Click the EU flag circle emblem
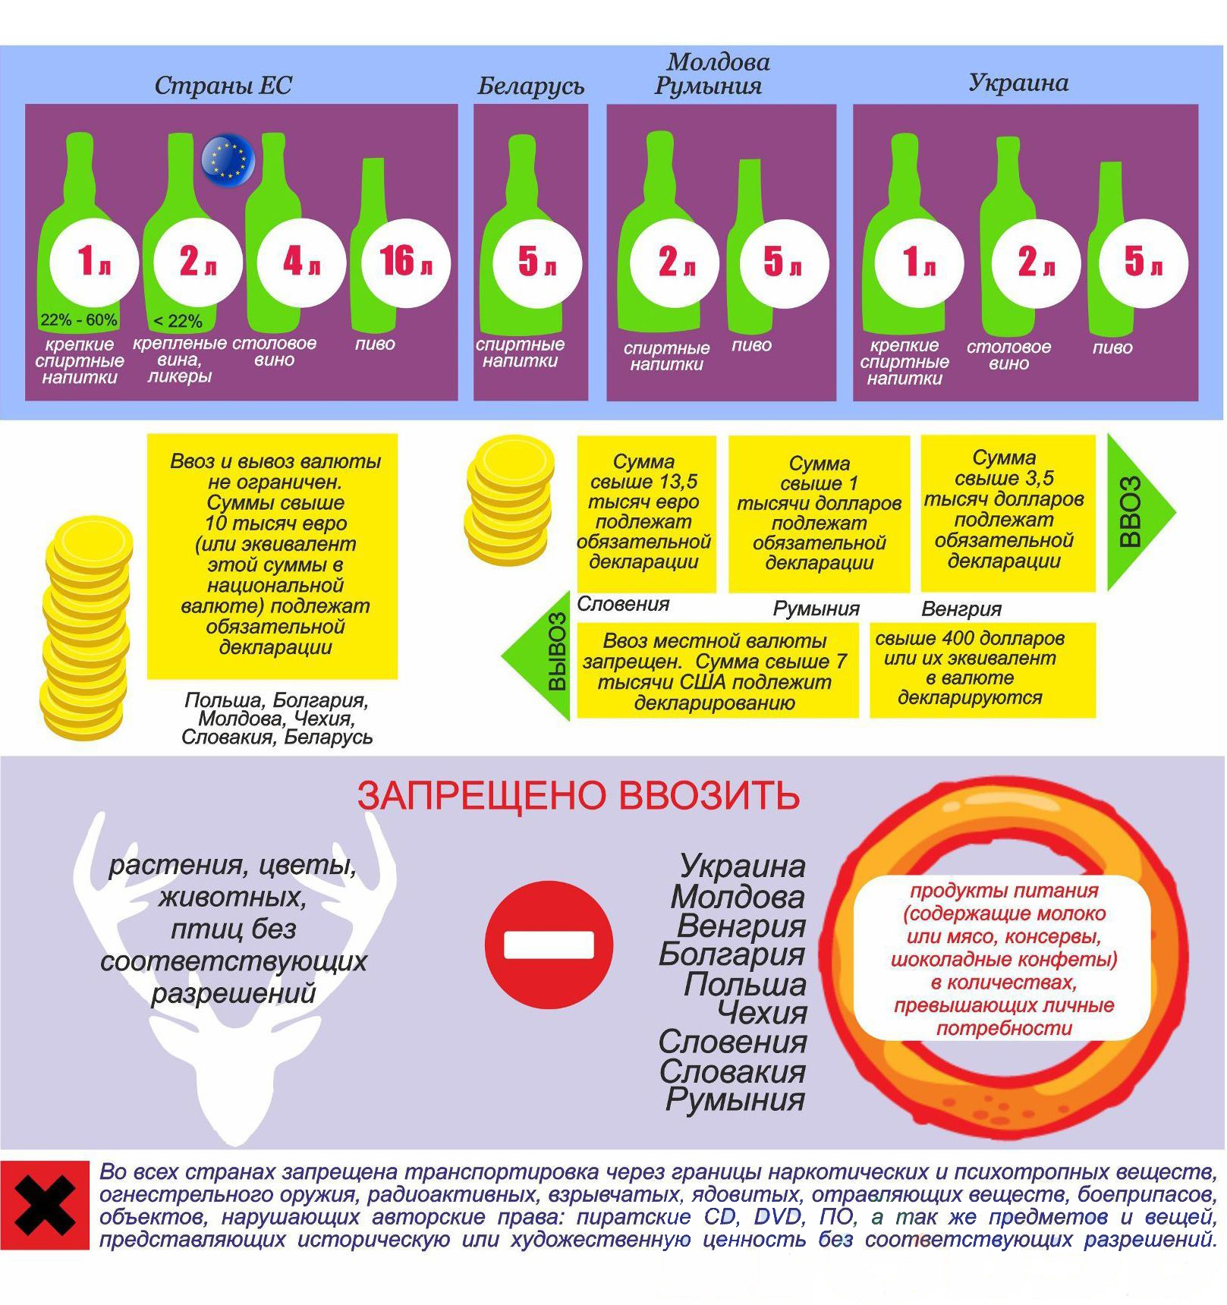[228, 159]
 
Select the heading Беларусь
[530, 86]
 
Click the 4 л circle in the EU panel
[302, 263]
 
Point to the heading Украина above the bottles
[1018, 83]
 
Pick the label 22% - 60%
[79, 320]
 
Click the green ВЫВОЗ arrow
[536, 655]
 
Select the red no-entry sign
[549, 945]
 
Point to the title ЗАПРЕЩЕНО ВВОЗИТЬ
[578, 796]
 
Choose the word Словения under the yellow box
[623, 604]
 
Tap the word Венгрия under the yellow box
[961, 609]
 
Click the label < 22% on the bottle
[178, 322]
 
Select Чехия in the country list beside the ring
[762, 1013]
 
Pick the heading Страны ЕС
[223, 86]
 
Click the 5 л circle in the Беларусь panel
[537, 263]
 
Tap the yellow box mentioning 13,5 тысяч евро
[647, 514]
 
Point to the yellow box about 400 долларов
[983, 670]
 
